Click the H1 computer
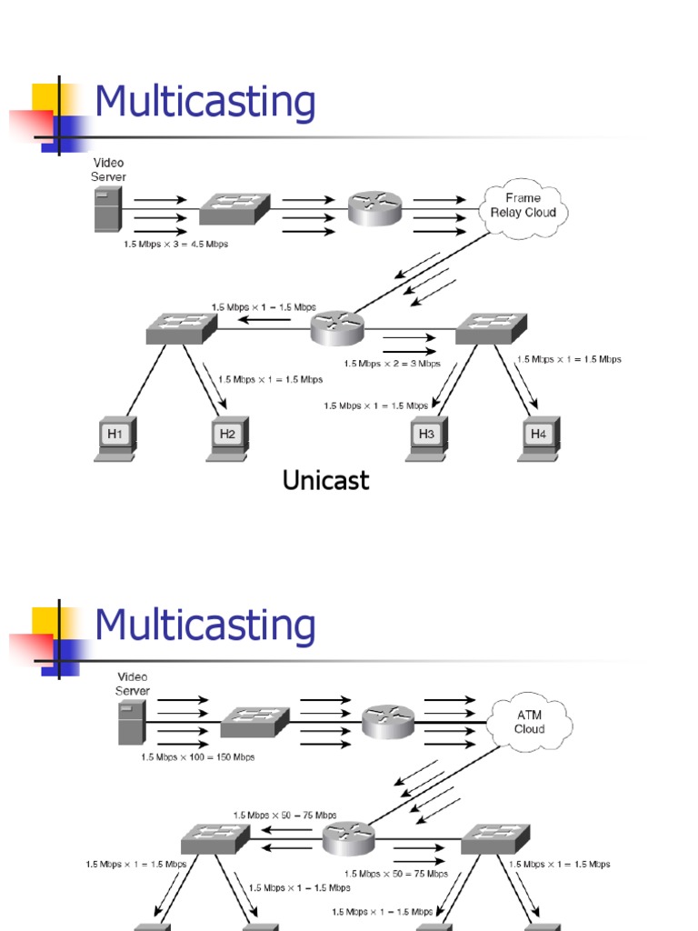115,438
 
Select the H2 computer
227,438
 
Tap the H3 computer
426,438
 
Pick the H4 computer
539,438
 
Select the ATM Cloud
529,723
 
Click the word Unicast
325,480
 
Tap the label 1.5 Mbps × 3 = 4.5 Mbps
176,245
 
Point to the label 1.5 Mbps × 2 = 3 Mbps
392,363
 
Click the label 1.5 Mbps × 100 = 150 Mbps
197,756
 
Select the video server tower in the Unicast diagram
107,209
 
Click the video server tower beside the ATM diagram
131,723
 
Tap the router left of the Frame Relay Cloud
374,209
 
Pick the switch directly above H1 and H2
181,327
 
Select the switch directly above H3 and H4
491,327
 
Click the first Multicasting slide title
205,102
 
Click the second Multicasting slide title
205,625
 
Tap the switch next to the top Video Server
234,209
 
